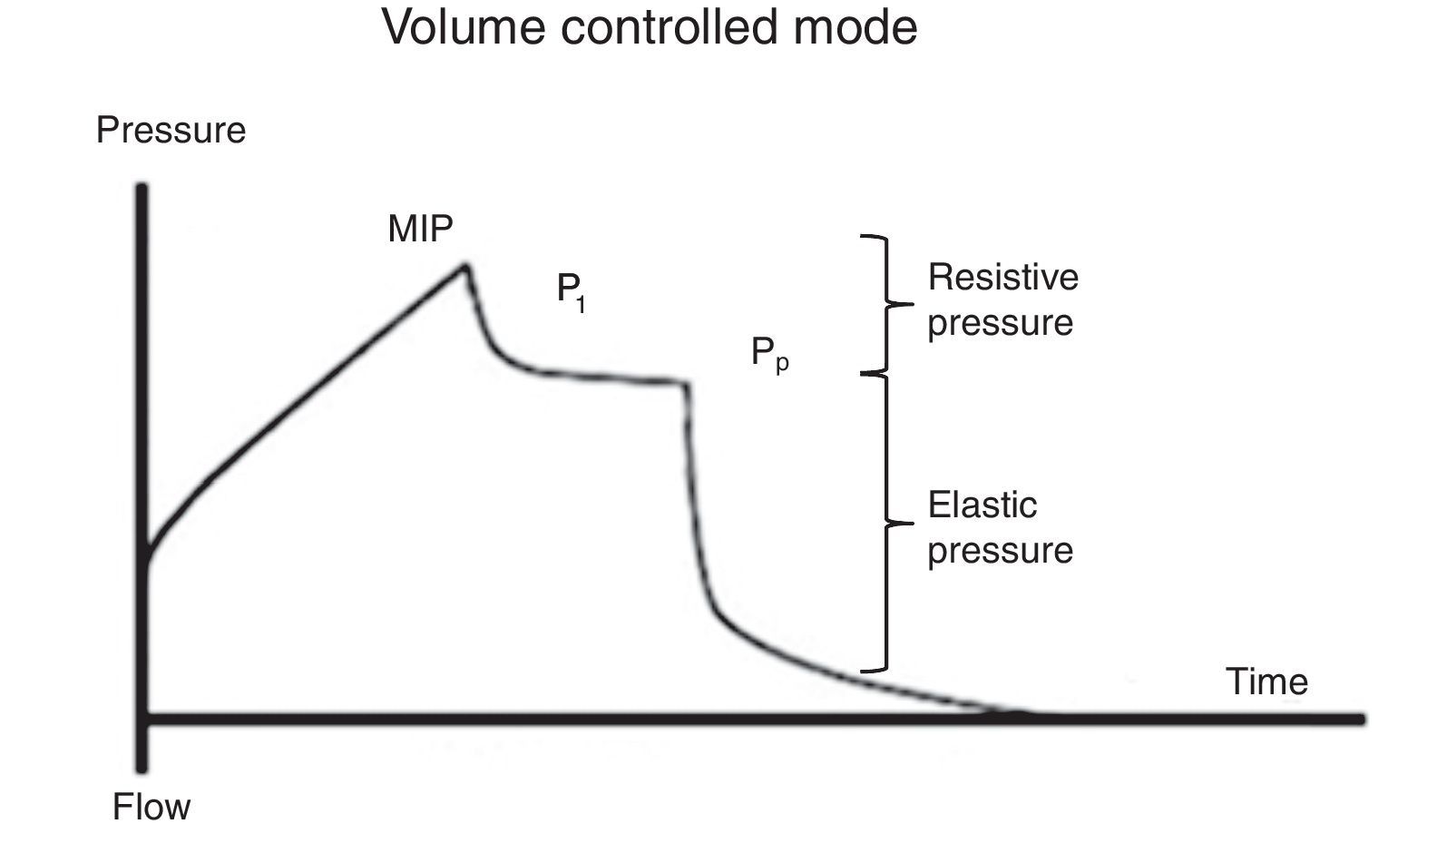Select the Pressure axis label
171,131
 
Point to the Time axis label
1266,682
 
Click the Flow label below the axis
152,807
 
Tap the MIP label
420,229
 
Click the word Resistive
1002,277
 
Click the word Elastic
982,505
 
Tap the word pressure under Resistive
1000,323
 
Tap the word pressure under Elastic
1000,551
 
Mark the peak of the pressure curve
465,266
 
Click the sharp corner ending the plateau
687,384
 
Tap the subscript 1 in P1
581,305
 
